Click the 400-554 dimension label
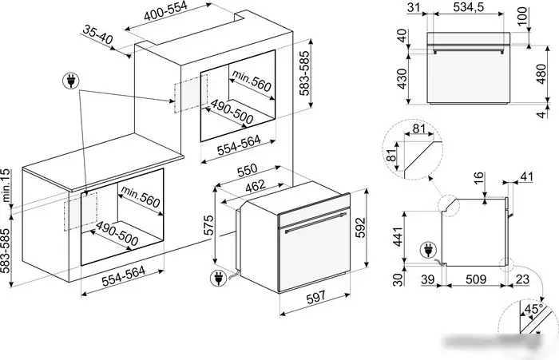click(165, 11)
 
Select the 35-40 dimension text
click(97, 34)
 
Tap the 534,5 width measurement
click(469, 6)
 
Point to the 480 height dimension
click(541, 74)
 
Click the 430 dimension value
click(402, 79)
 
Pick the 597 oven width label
click(316, 297)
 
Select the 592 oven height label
click(360, 228)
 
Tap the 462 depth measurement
click(256, 186)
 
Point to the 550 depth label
click(247, 170)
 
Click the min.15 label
click(6, 186)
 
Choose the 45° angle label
click(533, 309)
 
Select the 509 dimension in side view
click(476, 279)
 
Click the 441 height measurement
click(398, 235)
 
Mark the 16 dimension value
click(479, 178)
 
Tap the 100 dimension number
click(522, 16)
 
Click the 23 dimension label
click(522, 279)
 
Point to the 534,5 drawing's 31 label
click(414, 6)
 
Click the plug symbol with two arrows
click(71, 81)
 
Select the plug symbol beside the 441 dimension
click(428, 250)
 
